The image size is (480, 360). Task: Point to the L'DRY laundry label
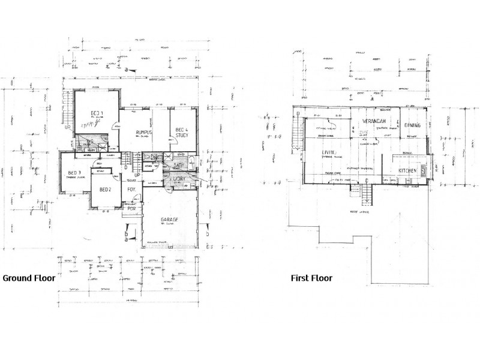(x=179, y=179)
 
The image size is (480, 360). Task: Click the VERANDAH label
(x=374, y=121)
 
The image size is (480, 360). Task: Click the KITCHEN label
(x=407, y=171)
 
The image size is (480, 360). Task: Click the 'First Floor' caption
(x=311, y=278)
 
